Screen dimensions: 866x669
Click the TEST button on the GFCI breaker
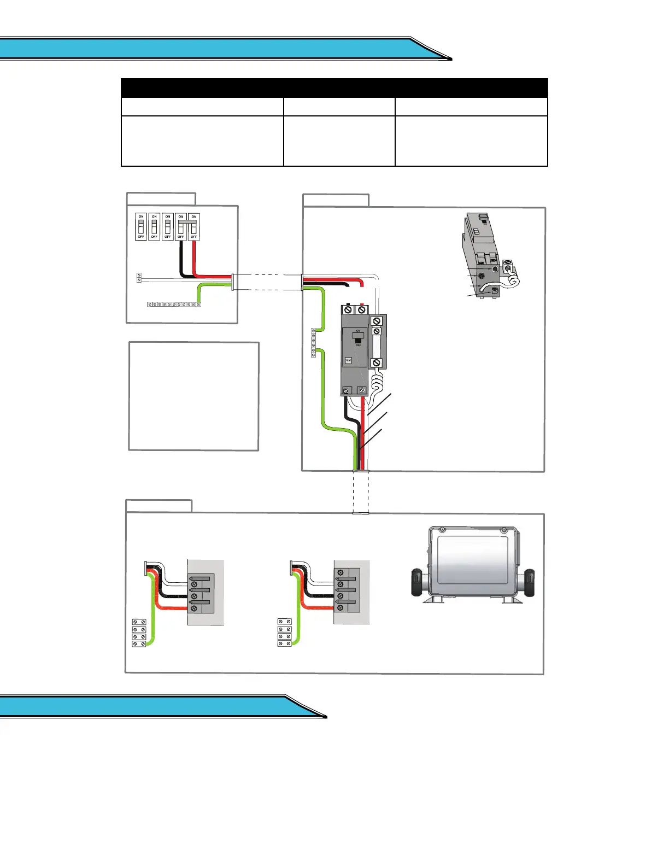tap(348, 360)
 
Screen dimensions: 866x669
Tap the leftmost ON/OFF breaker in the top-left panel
tap(141, 226)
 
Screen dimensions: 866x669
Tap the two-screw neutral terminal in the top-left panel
tap(139, 278)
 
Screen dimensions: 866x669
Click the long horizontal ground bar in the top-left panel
tap(174, 304)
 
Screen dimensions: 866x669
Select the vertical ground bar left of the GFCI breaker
tap(313, 343)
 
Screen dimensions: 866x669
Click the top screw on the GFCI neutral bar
tap(377, 321)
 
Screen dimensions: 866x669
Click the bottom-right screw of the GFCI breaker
tap(362, 390)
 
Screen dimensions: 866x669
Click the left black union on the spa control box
tap(417, 582)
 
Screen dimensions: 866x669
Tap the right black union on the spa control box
tap(529, 582)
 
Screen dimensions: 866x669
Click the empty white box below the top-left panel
tap(193, 396)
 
